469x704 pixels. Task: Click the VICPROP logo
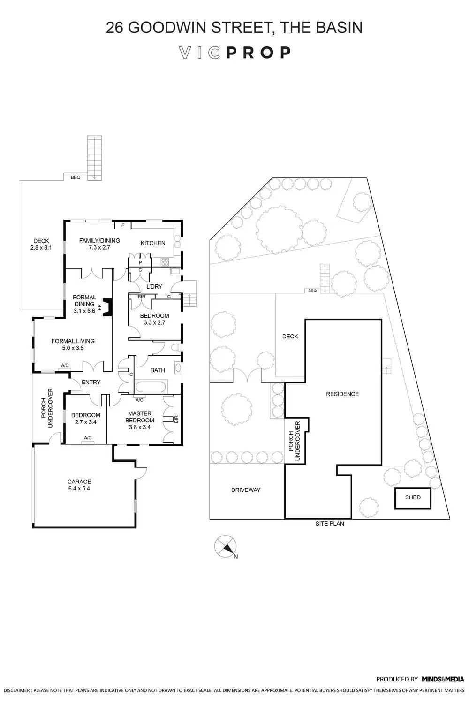[235, 53]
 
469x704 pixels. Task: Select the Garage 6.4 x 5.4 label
[79, 485]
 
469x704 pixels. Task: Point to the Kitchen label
[153, 243]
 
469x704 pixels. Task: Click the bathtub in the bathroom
[150, 387]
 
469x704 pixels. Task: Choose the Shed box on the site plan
[413, 497]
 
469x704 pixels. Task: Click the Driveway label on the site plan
[246, 490]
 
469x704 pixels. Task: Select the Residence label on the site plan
[342, 394]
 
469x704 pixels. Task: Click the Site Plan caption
[330, 523]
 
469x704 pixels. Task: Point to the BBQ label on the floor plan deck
[76, 178]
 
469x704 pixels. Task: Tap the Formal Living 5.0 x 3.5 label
[73, 344]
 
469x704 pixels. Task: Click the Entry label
[91, 382]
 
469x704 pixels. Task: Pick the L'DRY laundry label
[154, 286]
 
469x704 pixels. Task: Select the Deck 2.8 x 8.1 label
[41, 244]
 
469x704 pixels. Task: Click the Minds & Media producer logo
[443, 679]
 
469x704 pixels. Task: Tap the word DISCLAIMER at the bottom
[15, 691]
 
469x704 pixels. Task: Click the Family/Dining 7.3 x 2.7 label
[99, 244]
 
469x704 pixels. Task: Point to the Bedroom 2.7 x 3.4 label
[85, 418]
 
